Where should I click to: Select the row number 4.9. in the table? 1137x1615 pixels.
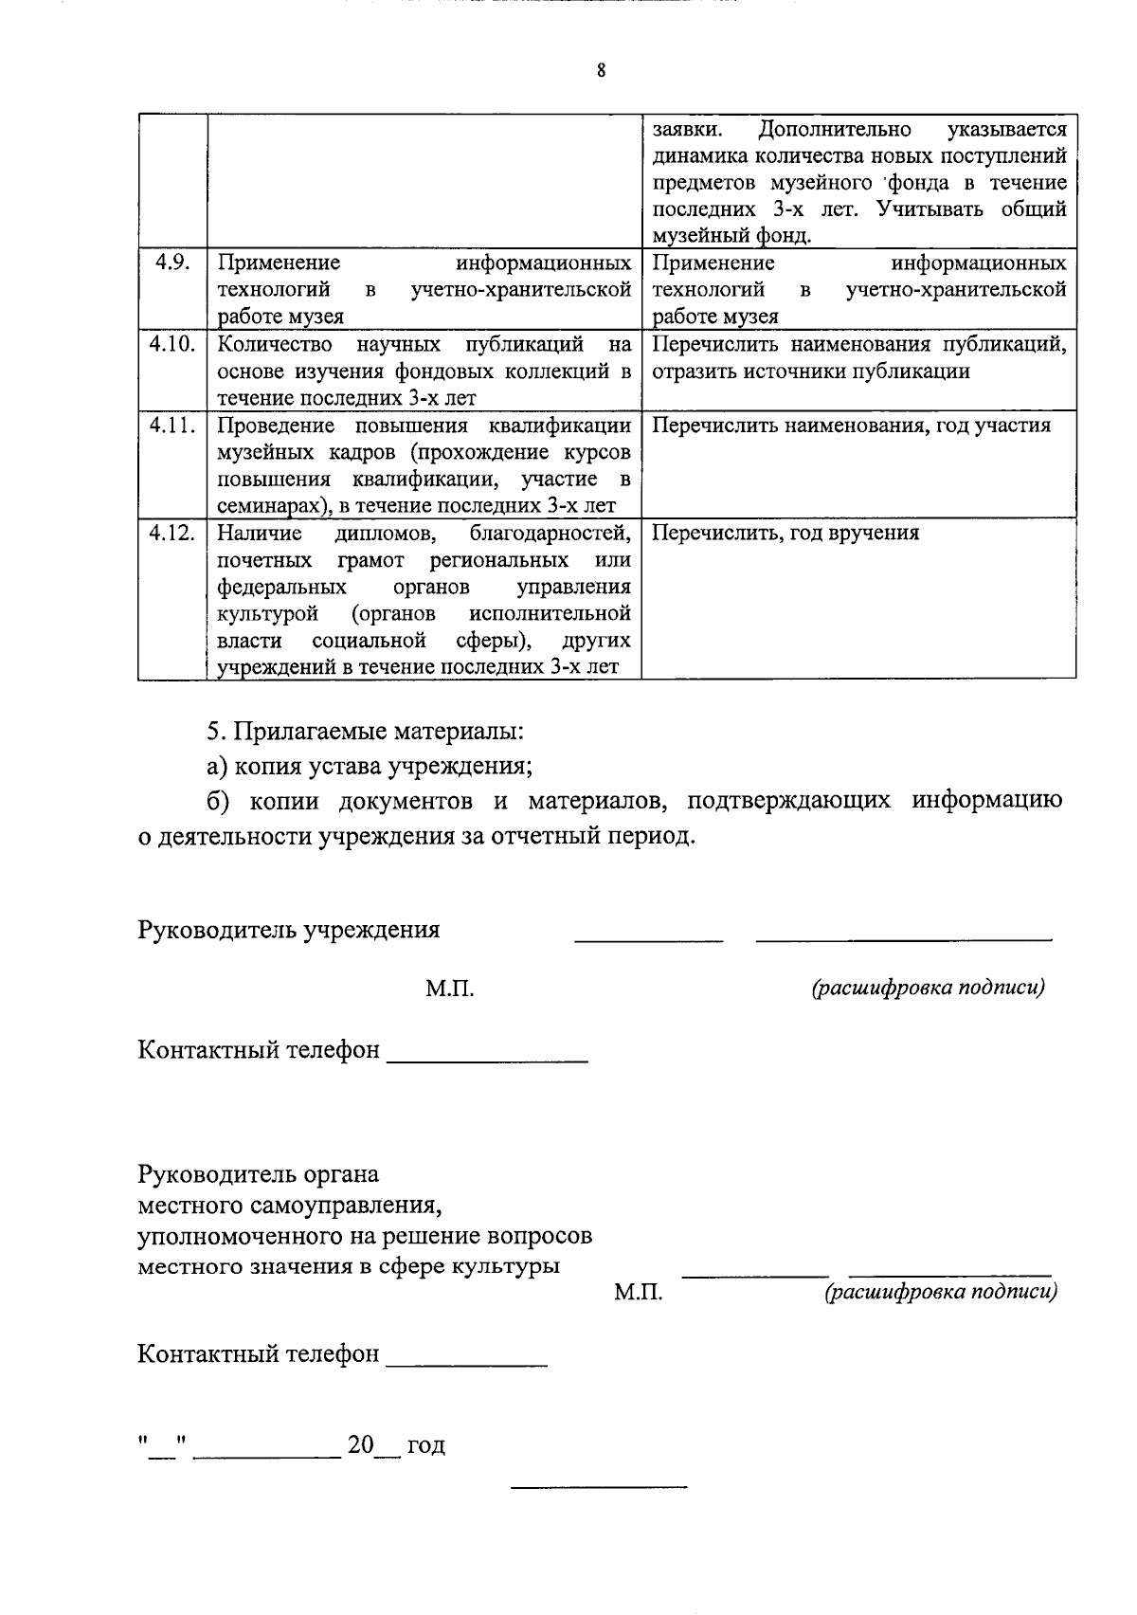(x=172, y=263)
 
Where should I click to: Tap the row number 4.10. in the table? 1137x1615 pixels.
(x=172, y=344)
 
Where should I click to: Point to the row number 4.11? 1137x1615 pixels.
(x=172, y=425)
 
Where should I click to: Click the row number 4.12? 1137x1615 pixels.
(x=172, y=533)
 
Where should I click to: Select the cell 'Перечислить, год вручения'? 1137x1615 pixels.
(x=785, y=533)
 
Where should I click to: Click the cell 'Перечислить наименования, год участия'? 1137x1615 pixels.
(x=851, y=425)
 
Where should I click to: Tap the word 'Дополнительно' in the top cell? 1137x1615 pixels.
(x=835, y=129)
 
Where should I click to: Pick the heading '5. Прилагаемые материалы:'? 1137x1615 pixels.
(x=366, y=732)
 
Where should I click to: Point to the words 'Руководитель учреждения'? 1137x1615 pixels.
(x=289, y=929)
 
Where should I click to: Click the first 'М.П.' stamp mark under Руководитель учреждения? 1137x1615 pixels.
(x=449, y=989)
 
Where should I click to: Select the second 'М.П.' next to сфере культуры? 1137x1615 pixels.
(x=638, y=1292)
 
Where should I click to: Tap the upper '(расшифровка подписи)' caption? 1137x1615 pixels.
(x=928, y=988)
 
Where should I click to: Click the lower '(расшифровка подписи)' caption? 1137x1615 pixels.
(x=941, y=1291)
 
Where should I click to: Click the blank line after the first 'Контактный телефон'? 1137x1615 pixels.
(x=487, y=1060)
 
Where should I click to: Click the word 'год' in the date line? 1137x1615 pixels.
(x=425, y=1445)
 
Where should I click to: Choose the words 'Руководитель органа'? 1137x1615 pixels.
(x=259, y=1174)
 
